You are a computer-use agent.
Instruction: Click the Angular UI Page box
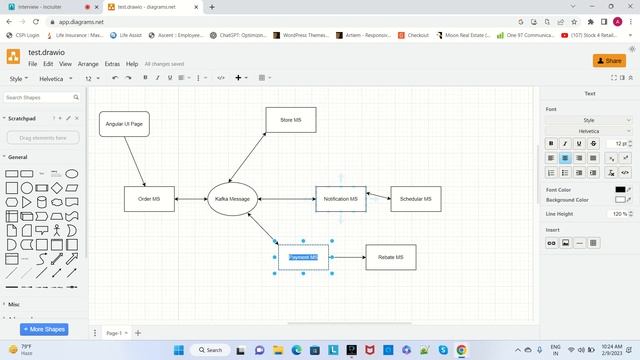125,124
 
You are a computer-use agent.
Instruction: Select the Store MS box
291,120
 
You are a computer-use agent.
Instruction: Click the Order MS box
149,199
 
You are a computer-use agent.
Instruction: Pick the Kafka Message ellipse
232,199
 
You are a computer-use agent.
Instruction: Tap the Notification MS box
341,199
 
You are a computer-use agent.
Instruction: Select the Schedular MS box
415,199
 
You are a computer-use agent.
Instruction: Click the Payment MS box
303,257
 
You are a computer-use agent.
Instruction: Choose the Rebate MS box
390,257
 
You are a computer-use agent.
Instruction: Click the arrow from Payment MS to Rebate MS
347,257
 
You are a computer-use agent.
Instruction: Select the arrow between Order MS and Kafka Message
190,199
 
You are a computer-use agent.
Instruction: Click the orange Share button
608,61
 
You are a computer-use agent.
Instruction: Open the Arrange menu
88,64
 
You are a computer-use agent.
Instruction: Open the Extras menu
112,64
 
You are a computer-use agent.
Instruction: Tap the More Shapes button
44,329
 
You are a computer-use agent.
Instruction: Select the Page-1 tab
114,333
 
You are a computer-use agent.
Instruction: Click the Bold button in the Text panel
551,144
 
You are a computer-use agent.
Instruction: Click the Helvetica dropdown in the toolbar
54,78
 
